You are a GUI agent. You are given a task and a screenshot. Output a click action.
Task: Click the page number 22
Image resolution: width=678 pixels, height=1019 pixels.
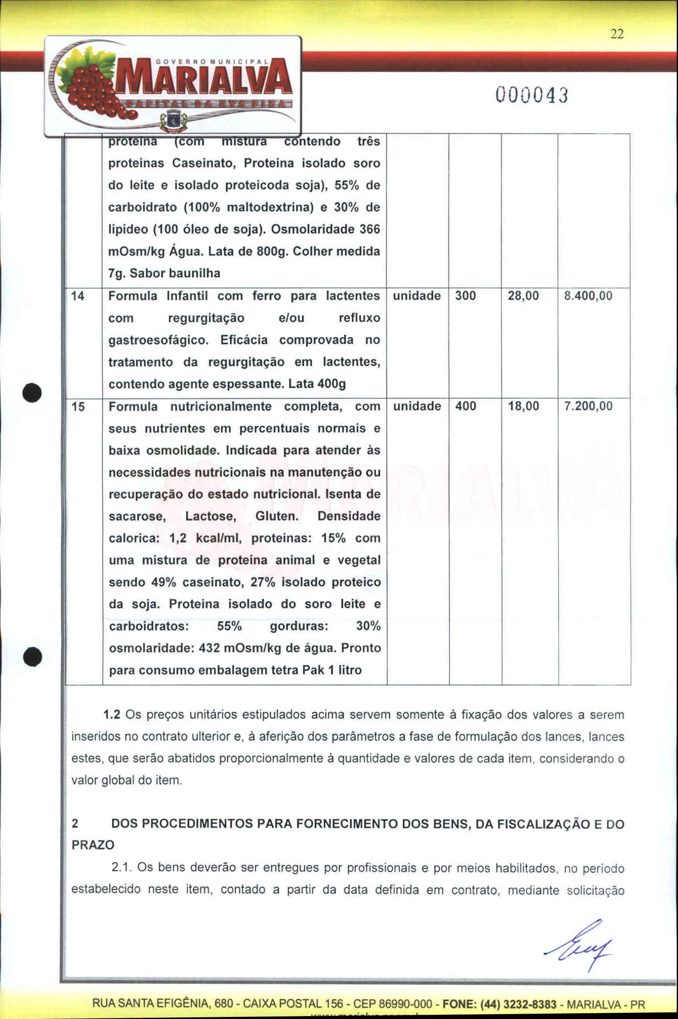(x=617, y=34)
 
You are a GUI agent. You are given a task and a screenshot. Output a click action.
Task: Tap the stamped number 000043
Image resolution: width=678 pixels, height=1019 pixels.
(x=532, y=95)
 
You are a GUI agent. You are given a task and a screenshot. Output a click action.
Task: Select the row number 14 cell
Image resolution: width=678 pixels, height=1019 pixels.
(x=78, y=296)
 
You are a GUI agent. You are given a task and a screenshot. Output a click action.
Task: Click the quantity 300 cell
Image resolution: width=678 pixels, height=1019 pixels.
(x=465, y=296)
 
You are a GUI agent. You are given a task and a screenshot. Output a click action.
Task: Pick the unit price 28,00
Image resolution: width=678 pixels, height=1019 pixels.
(x=523, y=296)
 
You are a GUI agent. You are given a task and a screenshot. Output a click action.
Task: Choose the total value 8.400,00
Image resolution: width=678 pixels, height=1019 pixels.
(x=588, y=296)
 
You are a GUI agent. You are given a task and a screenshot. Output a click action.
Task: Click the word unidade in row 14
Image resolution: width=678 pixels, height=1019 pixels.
(x=417, y=296)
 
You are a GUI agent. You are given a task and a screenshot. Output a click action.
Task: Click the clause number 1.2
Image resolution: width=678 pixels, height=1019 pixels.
(x=112, y=714)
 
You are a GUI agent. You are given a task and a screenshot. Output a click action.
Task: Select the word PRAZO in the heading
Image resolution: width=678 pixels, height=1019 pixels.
(x=93, y=844)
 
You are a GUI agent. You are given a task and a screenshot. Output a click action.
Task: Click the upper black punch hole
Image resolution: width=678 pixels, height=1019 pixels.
(x=33, y=392)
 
